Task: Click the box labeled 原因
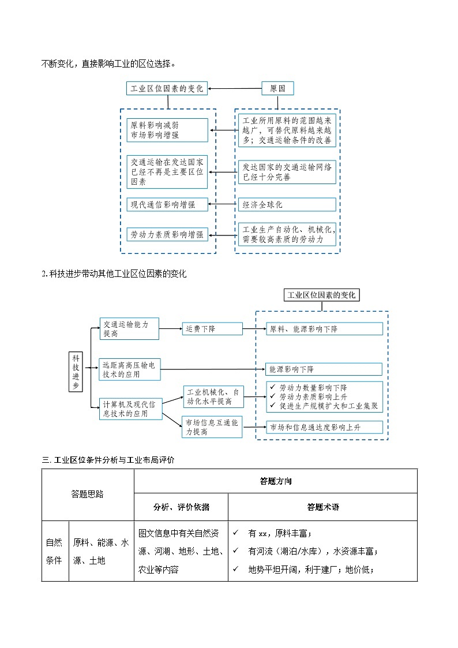277,88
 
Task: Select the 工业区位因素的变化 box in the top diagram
167,88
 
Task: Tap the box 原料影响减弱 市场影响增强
167,130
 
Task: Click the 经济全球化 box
287,204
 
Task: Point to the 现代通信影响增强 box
167,204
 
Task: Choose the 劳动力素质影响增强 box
167,234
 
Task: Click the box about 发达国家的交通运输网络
287,172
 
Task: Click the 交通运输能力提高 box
129,329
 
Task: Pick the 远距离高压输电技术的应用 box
130,369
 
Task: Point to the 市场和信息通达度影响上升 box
324,428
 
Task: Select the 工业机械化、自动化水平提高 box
213,396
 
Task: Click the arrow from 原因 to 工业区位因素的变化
235,88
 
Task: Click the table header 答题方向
275,481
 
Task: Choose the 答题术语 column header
322,507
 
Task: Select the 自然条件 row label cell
54,550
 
